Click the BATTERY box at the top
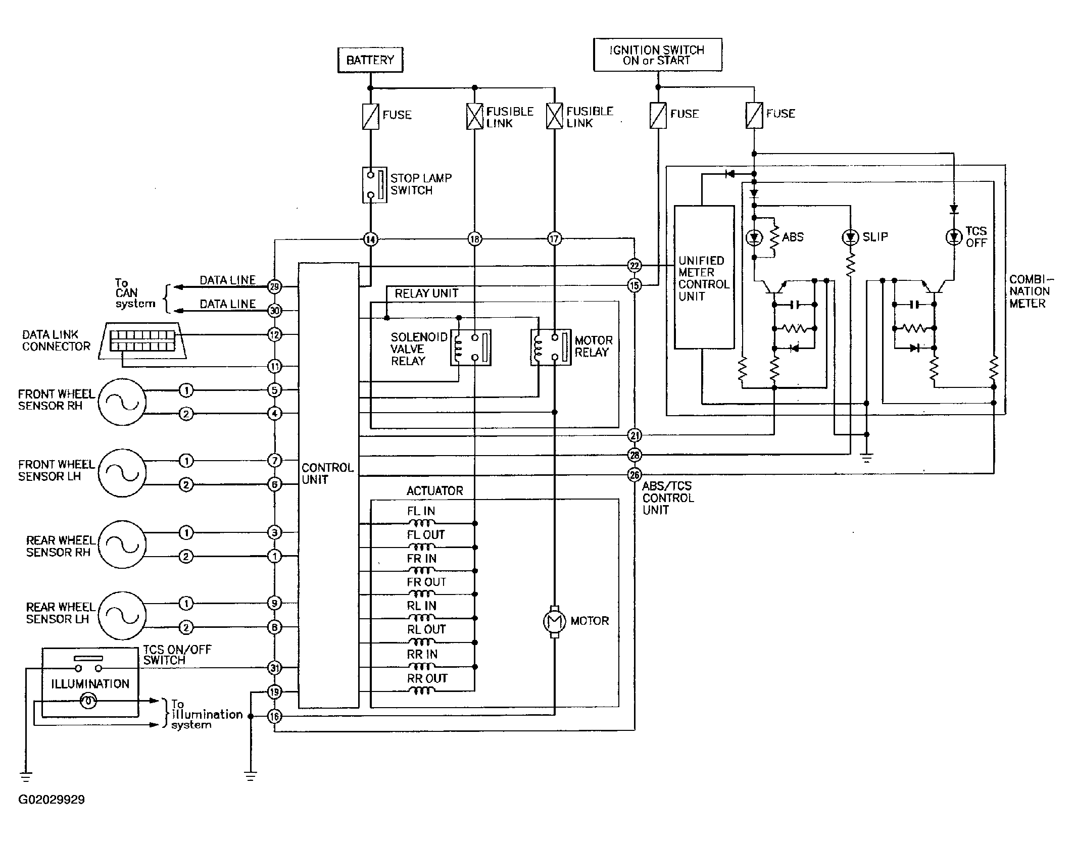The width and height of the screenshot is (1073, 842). click(370, 60)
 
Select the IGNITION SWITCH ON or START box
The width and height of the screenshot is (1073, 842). click(657, 55)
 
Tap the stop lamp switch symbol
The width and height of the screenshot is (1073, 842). click(374, 185)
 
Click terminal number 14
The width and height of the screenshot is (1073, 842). click(371, 239)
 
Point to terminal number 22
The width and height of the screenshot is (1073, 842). click(635, 266)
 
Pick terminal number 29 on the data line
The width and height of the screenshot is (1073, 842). click(274, 286)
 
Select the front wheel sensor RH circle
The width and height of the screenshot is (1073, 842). click(122, 402)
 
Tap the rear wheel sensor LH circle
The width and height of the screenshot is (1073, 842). click(122, 616)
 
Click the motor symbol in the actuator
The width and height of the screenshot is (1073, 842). click(554, 621)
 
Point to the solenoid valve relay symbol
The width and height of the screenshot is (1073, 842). click(470, 348)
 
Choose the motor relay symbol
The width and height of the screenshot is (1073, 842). click(551, 348)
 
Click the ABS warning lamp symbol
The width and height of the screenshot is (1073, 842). click(754, 237)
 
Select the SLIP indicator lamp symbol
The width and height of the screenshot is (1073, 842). click(850, 236)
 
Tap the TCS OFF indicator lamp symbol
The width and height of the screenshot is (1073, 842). click(954, 236)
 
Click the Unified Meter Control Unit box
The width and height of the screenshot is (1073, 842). click(704, 277)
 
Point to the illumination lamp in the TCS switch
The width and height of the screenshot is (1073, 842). click(89, 701)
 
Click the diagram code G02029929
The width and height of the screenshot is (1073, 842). click(52, 800)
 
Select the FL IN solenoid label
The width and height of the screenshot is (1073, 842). click(421, 511)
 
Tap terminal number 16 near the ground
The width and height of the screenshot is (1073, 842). click(274, 716)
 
